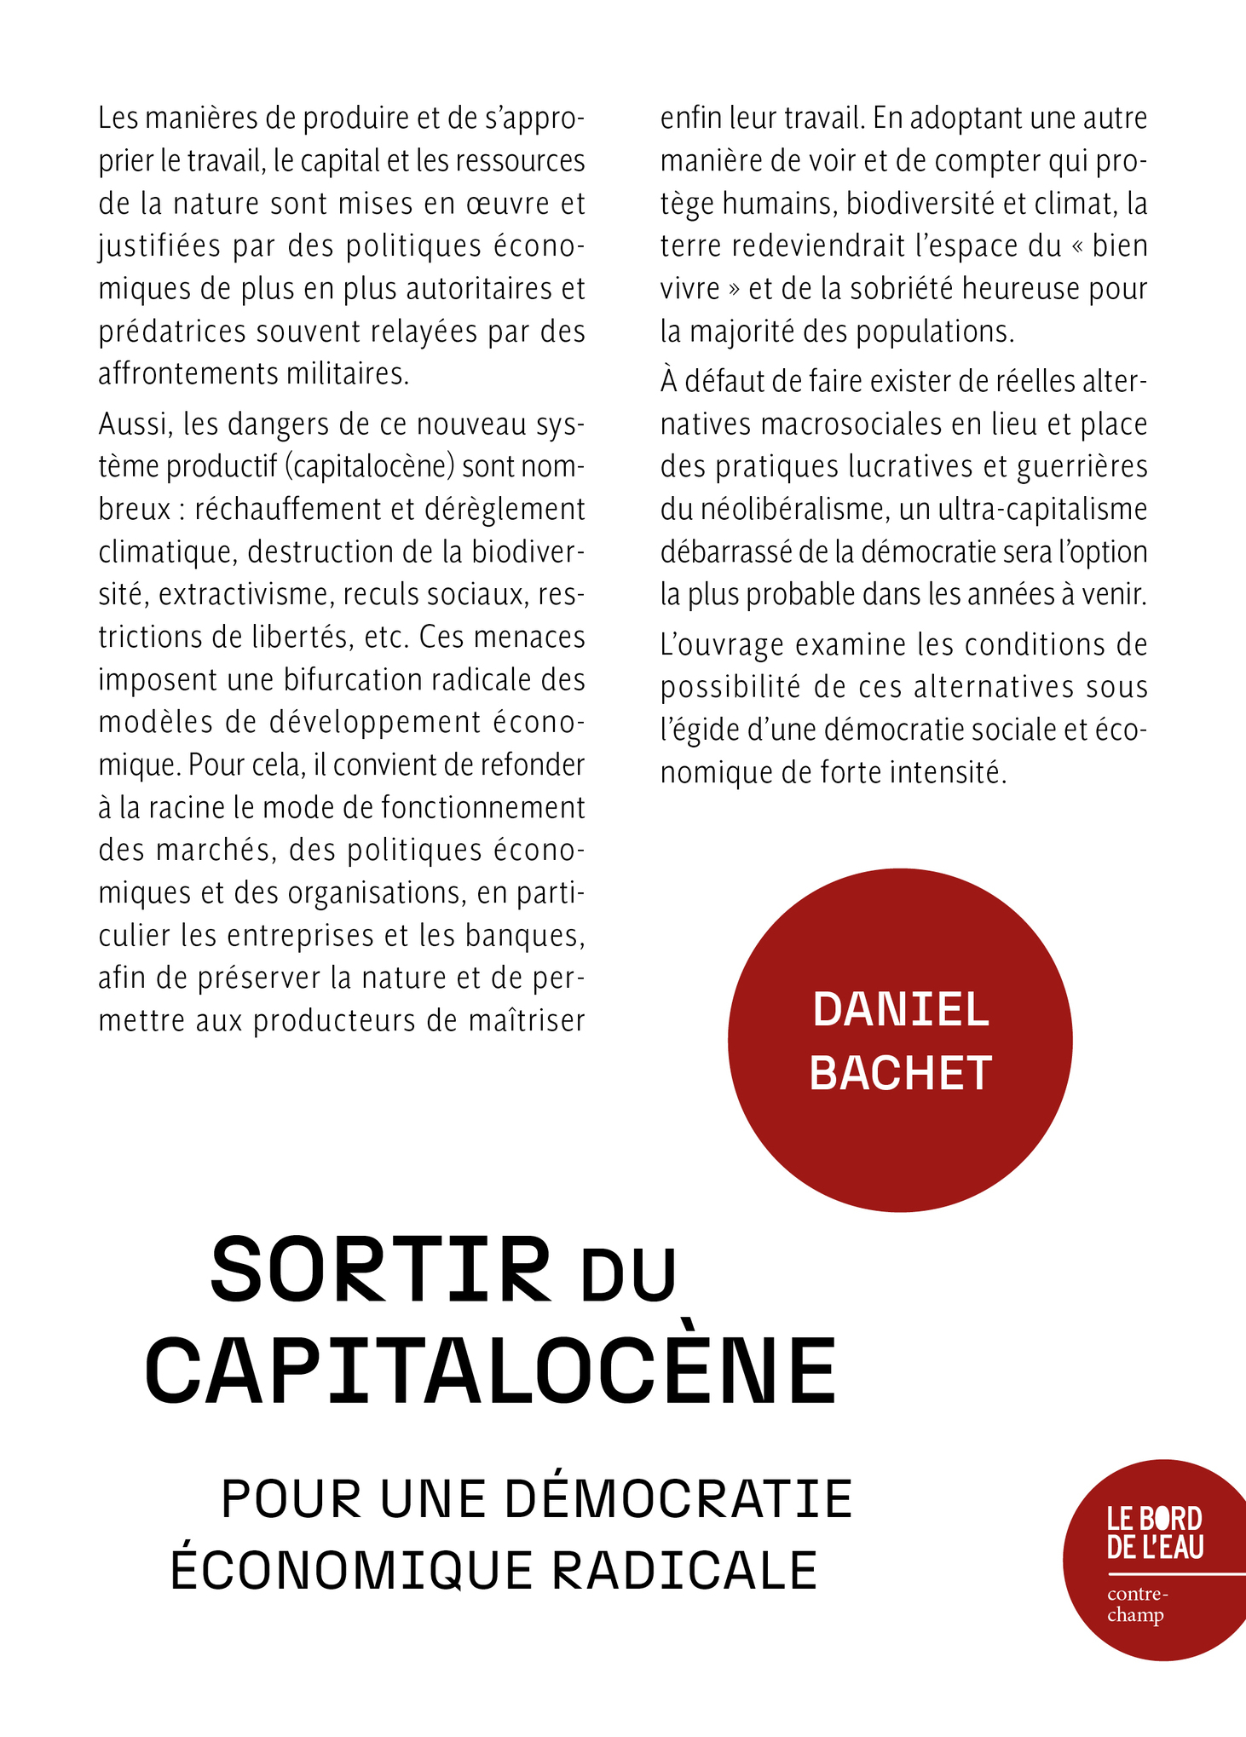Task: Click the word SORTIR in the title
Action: tap(380, 1272)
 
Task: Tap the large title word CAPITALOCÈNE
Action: tap(491, 1373)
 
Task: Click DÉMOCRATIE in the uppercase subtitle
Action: tap(679, 1498)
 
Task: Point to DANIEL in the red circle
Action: tap(901, 1010)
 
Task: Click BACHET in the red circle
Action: tap(901, 1073)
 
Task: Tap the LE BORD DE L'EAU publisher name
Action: tap(1155, 1532)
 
